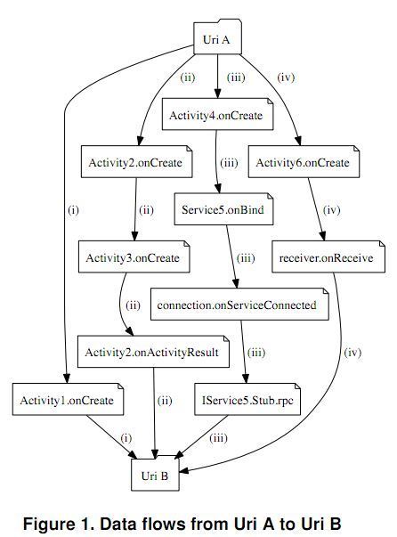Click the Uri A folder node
[x=218, y=37]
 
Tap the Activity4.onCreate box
[x=218, y=114]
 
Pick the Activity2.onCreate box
[x=136, y=162]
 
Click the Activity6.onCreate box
[x=304, y=162]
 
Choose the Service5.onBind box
[x=223, y=209]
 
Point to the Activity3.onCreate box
[x=134, y=256]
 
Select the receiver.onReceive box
[x=328, y=256]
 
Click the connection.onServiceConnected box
[x=239, y=304]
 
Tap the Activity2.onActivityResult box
[x=153, y=352]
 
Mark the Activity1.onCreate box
[x=69, y=399]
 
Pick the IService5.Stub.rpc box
[x=247, y=399]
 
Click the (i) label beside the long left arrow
[x=74, y=209]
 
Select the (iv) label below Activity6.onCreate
[x=332, y=209]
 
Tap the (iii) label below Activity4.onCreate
[x=229, y=162]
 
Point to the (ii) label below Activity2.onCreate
[x=146, y=209]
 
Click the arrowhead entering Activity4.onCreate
[x=218, y=94]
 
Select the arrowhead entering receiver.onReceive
[x=322, y=236]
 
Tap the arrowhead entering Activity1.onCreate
[x=67, y=378]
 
